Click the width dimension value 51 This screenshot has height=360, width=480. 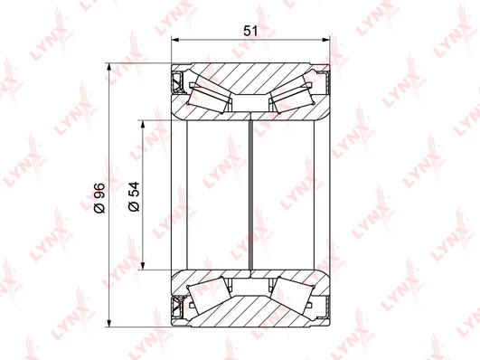(x=250, y=31)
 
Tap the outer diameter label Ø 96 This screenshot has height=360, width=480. (x=99, y=198)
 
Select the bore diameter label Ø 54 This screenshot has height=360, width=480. (x=134, y=196)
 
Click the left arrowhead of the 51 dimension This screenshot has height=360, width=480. (x=175, y=40)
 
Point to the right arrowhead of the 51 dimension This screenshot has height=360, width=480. (x=326, y=40)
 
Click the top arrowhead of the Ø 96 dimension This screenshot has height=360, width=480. (x=109, y=67)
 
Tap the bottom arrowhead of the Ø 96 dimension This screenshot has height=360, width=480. (x=109, y=323)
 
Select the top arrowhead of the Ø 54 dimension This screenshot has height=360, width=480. (x=142, y=124)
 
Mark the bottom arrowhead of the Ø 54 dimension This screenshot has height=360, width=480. (x=142, y=266)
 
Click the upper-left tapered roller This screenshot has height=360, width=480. (x=211, y=93)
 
